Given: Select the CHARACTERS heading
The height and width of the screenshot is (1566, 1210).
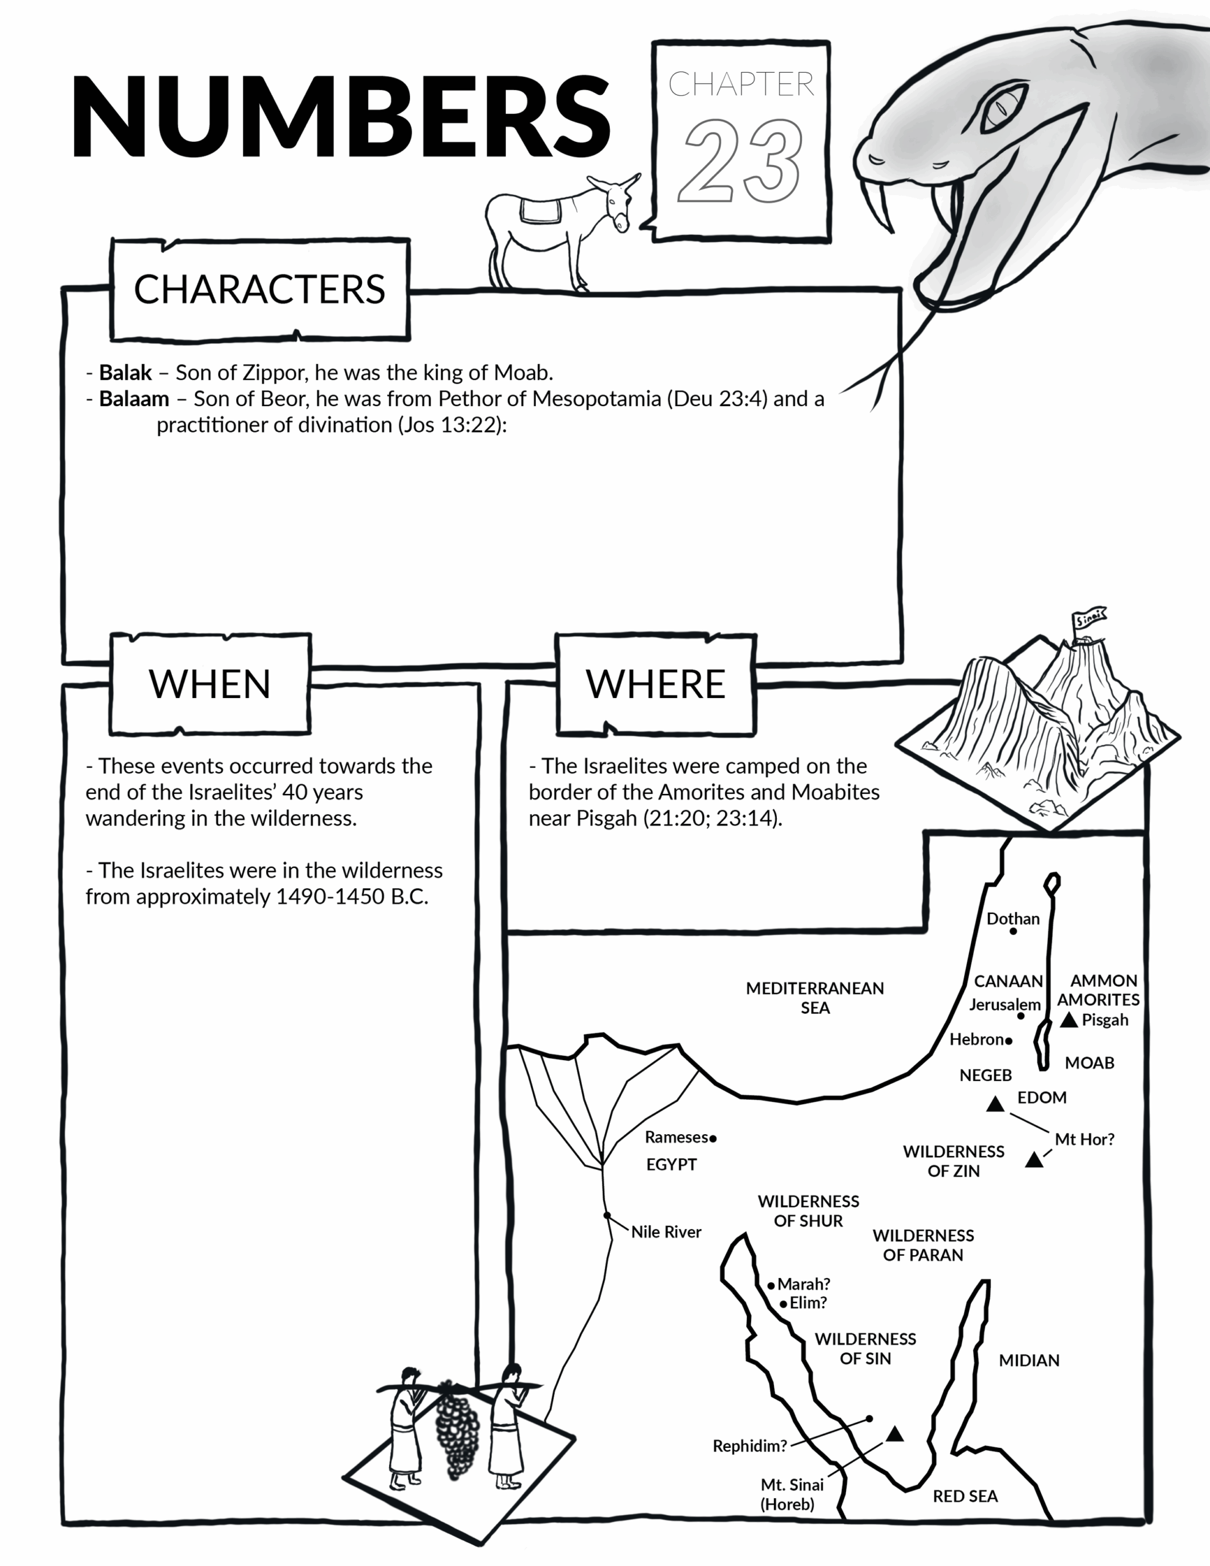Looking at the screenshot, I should (259, 290).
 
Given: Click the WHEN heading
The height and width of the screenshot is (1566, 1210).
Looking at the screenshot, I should (209, 684).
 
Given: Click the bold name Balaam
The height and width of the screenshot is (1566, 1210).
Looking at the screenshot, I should (134, 399).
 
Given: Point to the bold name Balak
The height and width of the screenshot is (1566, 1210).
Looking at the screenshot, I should (125, 373).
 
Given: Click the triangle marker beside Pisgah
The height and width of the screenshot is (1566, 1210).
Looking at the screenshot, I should (1069, 1020).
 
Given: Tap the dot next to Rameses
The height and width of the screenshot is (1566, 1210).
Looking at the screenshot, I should (713, 1138).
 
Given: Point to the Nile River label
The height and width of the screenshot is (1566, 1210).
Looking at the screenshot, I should (666, 1232).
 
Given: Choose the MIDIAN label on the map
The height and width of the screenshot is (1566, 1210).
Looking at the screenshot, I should (1028, 1360).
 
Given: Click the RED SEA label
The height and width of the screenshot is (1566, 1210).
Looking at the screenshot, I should (965, 1496).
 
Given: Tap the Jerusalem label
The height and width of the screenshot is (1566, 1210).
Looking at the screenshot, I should (1004, 1004).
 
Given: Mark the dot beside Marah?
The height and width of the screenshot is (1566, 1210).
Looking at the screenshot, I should (771, 1286).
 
